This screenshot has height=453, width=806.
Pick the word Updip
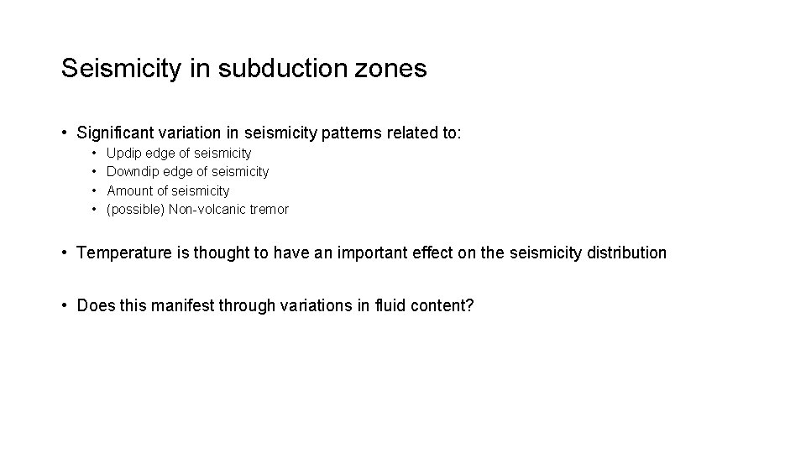coord(124,154)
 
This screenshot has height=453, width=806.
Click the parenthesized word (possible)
coord(136,210)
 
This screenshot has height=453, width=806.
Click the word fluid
coord(388,305)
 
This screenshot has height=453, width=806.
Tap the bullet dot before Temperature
coord(65,253)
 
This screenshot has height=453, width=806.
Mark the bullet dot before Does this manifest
coord(65,305)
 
